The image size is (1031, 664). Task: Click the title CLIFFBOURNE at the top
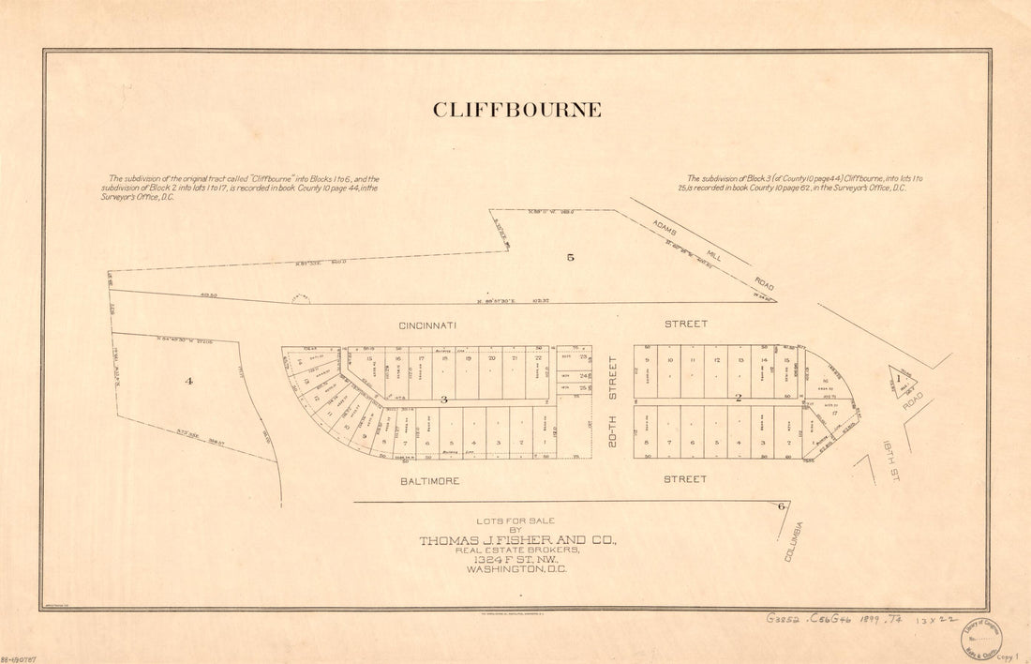(516, 110)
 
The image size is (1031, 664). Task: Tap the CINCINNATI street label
(427, 325)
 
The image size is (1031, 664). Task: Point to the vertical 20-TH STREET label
(613, 399)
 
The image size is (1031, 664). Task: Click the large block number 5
(570, 256)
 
